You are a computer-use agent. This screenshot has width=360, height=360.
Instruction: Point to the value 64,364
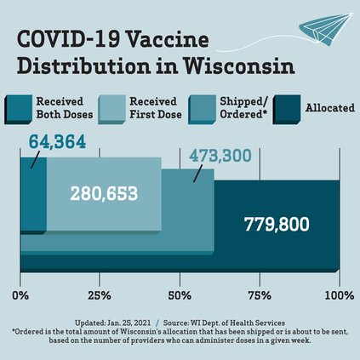pos(57,141)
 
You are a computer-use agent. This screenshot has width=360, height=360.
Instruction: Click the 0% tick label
pos(23,295)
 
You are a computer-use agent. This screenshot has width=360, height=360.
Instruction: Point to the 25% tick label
pos(100,295)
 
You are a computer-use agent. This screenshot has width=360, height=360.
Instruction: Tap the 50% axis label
pos(180,295)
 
